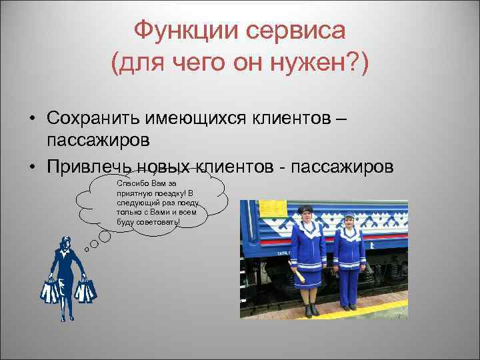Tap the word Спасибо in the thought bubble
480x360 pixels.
(x=129, y=183)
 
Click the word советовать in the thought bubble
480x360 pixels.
(x=157, y=221)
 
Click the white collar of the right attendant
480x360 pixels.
(x=349, y=234)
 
